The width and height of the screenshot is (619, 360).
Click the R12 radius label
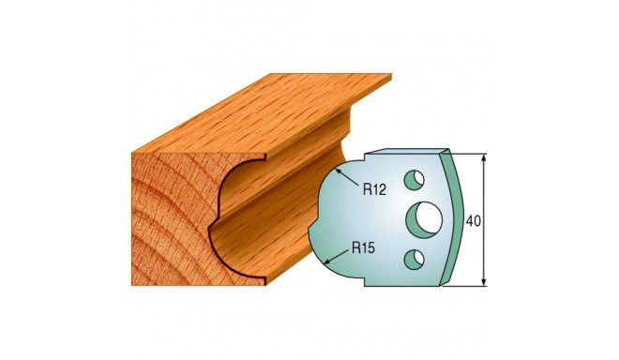pos(374,190)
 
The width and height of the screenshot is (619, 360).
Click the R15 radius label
pos(363,248)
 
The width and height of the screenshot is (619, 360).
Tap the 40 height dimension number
pos(474,221)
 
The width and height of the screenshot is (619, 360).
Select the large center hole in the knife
pos(424,220)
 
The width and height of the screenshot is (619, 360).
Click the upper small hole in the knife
pos(415,180)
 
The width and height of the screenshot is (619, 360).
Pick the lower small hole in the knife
pos(415,260)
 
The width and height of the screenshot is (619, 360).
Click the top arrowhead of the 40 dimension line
pos(484,158)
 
